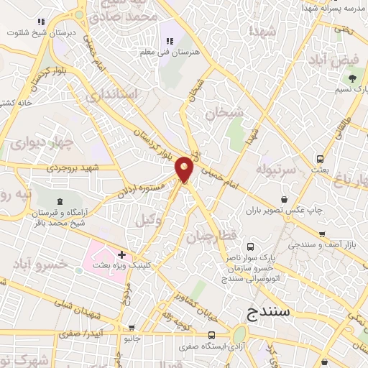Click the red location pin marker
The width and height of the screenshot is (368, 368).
(185, 168)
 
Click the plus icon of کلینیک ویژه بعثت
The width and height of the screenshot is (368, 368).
(123, 254)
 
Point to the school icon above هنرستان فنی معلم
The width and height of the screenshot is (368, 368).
(170, 42)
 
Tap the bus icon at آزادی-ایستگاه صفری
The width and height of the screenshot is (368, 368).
(211, 335)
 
